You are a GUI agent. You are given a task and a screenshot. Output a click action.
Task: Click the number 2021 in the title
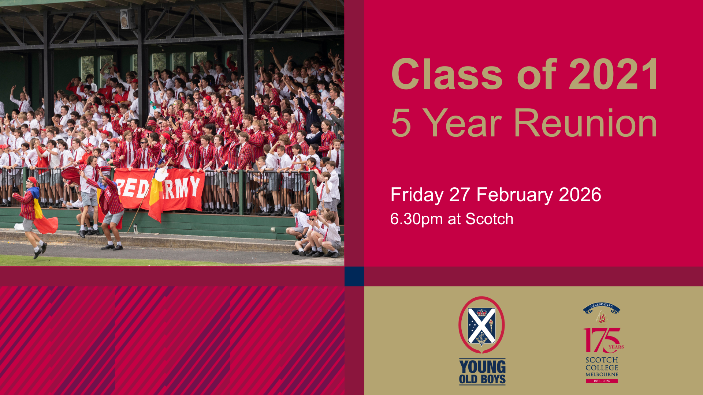click(x=614, y=74)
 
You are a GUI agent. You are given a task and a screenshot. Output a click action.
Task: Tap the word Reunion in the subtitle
click(x=585, y=123)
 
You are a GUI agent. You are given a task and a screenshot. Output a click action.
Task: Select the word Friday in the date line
click(x=417, y=195)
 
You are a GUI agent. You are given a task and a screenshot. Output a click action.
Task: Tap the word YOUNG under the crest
click(x=482, y=367)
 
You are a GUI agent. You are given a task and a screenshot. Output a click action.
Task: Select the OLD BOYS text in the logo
click(x=482, y=379)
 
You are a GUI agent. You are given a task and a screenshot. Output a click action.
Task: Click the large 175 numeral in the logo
click(x=601, y=340)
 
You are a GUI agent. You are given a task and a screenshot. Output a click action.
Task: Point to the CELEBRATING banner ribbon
click(x=602, y=307)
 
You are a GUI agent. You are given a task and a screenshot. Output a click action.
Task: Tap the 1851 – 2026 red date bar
click(x=602, y=381)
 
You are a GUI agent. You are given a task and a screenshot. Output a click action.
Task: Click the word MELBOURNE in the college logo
click(x=602, y=375)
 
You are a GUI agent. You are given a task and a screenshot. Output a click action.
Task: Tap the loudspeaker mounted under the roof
click(x=127, y=18)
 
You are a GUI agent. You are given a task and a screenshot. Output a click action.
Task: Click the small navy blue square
click(x=354, y=276)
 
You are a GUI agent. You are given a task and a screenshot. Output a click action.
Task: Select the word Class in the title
click(x=447, y=74)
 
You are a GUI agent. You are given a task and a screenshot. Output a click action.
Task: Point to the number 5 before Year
click(x=401, y=123)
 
